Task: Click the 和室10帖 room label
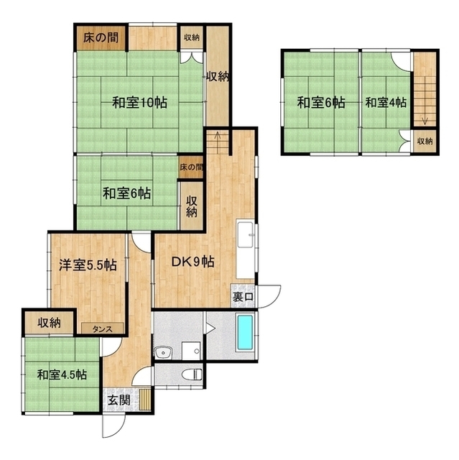140,103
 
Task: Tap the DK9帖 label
193,262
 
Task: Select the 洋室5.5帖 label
88,265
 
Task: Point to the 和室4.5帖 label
62,374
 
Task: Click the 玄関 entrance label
119,400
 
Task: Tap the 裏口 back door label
242,297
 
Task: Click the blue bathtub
245,332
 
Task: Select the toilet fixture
192,374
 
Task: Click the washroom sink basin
164,352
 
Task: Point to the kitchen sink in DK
246,235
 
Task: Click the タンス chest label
103,329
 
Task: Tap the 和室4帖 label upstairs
386,103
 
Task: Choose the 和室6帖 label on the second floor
320,103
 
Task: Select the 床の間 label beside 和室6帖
191,167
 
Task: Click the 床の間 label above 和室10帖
101,38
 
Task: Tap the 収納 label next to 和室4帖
425,141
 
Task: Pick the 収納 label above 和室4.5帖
50,323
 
